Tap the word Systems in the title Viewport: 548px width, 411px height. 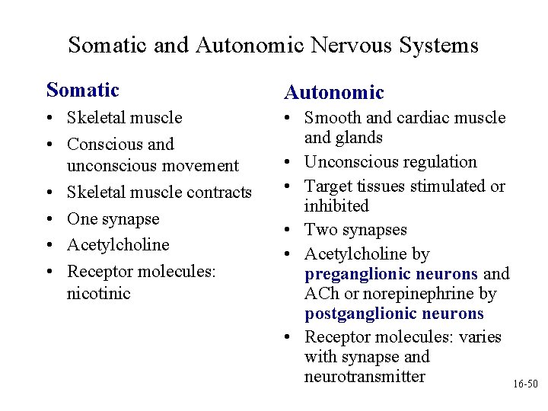[441, 46]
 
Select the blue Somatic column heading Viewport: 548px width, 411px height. [83, 91]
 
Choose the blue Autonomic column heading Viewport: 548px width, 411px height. [334, 93]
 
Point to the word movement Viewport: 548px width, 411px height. [201, 165]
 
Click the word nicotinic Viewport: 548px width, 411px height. [99, 293]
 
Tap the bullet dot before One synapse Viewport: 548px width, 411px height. [49, 219]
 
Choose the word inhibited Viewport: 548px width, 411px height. [336, 206]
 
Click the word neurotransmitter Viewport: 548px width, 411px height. [365, 377]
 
